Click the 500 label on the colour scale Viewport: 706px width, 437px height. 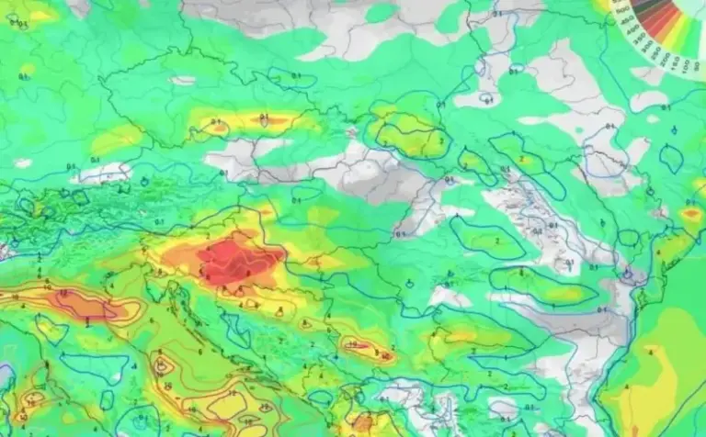click(x=623, y=10)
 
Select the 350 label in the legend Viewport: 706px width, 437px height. click(x=641, y=39)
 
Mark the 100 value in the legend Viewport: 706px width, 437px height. click(x=686, y=66)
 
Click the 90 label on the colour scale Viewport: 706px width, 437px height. click(x=697, y=65)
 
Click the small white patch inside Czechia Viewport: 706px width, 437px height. click(x=183, y=80)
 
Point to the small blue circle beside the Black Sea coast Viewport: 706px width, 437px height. click(x=629, y=275)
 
